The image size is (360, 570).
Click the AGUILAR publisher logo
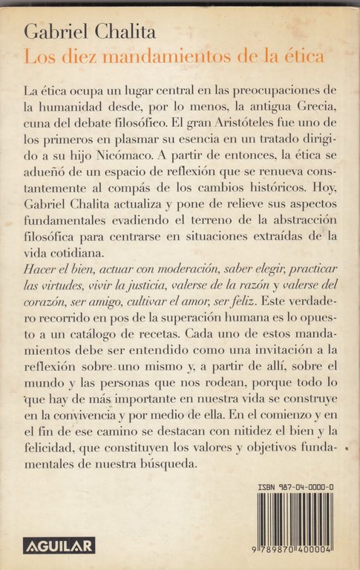tap(59, 546)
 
